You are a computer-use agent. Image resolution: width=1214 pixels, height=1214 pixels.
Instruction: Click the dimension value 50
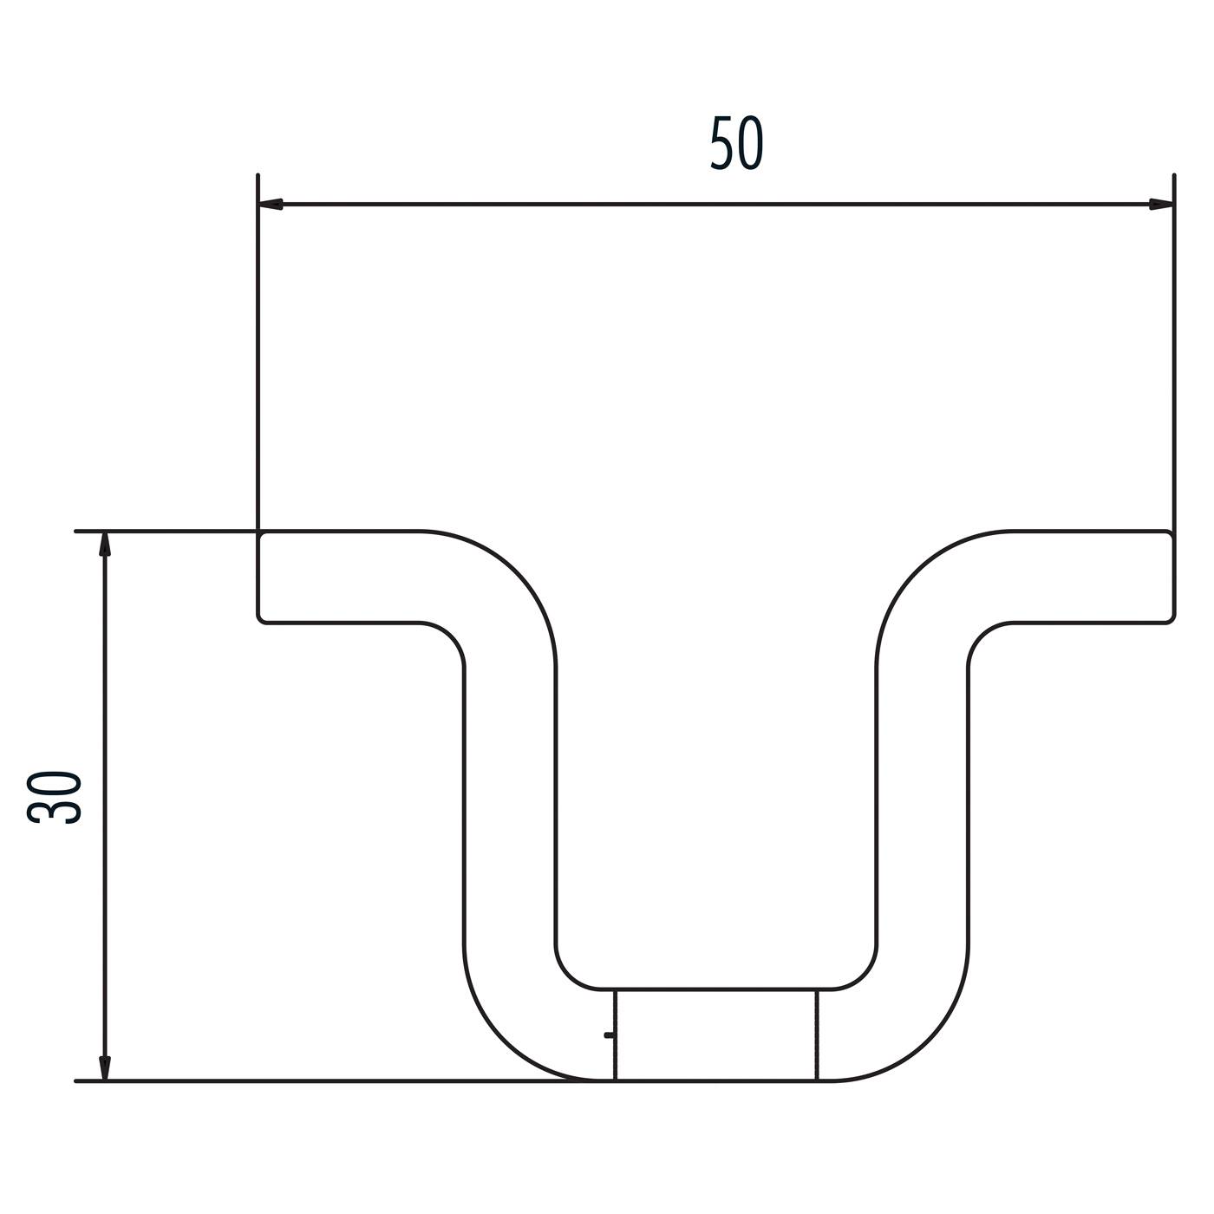pyautogui.click(x=736, y=144)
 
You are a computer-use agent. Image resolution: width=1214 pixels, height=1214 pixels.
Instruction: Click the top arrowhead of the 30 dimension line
pyautogui.click(x=105, y=544)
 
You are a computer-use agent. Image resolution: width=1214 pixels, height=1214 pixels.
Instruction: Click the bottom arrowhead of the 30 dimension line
pyautogui.click(x=105, y=1067)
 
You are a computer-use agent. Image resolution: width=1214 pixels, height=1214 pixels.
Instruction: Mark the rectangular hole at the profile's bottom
pyautogui.click(x=715, y=1035)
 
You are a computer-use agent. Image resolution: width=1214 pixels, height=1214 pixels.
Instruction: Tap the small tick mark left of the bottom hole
pyautogui.click(x=609, y=1035)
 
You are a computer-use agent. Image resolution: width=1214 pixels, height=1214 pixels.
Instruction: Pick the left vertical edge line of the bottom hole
pyautogui.click(x=615, y=1035)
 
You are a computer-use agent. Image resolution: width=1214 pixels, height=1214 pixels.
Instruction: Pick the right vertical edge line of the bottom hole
pyautogui.click(x=817, y=1035)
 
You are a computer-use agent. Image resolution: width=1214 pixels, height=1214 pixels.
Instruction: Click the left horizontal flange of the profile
pyautogui.click(x=347, y=576)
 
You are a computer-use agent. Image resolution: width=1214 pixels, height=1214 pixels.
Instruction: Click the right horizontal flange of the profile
pyautogui.click(x=1084, y=576)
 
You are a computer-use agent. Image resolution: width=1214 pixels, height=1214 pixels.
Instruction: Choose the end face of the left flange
pyautogui.click(x=258, y=576)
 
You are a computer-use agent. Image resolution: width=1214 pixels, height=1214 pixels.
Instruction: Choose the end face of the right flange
pyautogui.click(x=1174, y=576)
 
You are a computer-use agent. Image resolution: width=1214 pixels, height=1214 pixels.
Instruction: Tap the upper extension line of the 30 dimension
pyautogui.click(x=165, y=530)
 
